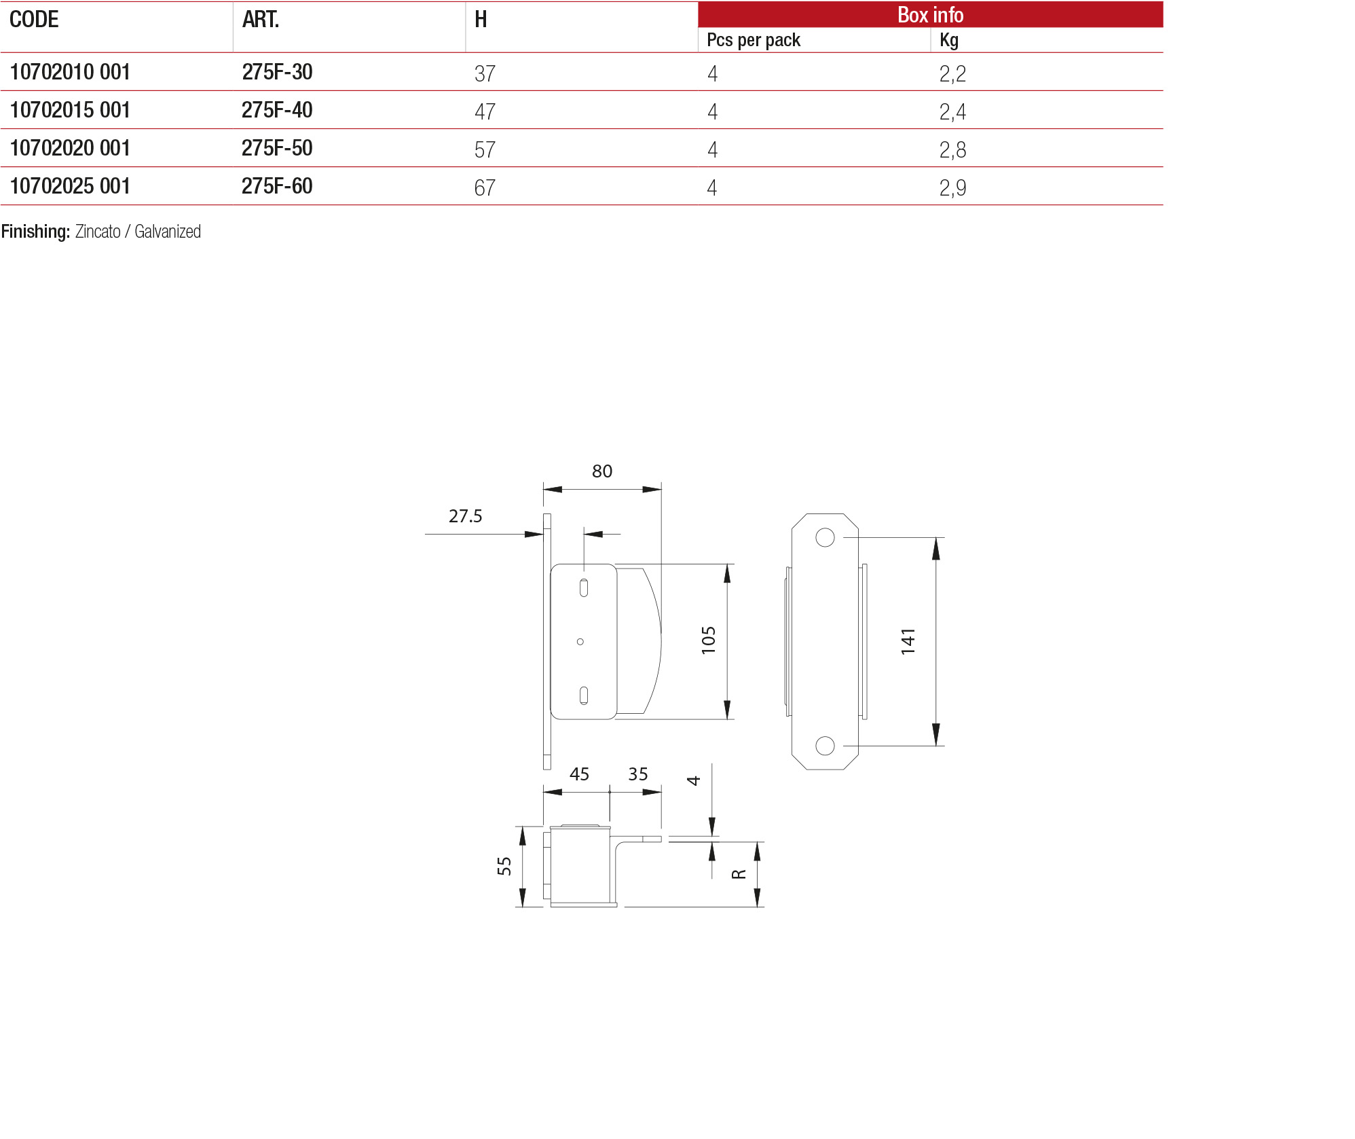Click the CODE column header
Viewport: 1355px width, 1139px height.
[x=34, y=20]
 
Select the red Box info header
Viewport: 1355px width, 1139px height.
[x=929, y=15]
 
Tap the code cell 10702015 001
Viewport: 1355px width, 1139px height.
[x=70, y=110]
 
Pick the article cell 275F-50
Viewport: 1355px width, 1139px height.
[x=277, y=148]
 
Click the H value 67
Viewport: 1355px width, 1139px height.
[x=485, y=187]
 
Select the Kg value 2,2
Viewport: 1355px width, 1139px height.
[x=952, y=73]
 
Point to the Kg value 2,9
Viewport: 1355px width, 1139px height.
[x=952, y=187]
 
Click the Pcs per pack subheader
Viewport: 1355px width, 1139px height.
[x=753, y=40]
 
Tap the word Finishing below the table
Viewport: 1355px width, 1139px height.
[x=35, y=232]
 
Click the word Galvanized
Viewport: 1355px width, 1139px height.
[x=168, y=232]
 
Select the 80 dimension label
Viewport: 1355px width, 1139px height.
[x=601, y=471]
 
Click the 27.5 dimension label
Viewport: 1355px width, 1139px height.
[x=465, y=516]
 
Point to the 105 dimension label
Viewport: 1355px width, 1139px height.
[x=708, y=640]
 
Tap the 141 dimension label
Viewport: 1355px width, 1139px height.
[x=908, y=641]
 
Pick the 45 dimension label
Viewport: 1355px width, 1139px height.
[x=579, y=774]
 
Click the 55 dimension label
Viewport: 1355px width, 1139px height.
[x=504, y=866]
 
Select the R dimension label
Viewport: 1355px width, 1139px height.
[x=739, y=874]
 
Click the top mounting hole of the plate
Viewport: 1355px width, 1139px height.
[x=825, y=537]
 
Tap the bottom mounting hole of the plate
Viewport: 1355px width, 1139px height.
[x=825, y=746]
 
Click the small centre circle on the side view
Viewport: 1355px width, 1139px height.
[x=580, y=641]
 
